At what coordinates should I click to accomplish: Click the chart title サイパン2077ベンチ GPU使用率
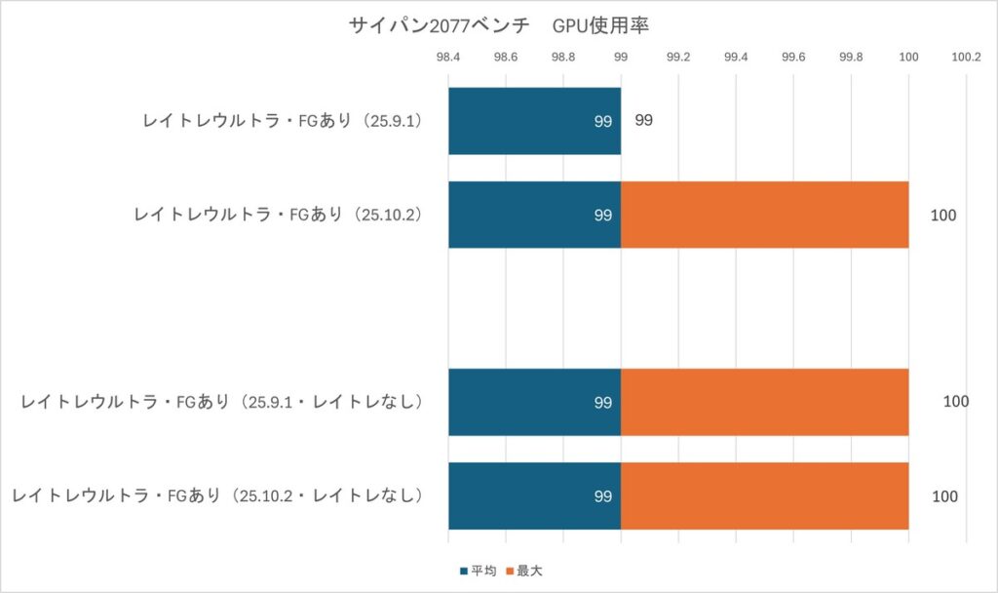click(x=498, y=25)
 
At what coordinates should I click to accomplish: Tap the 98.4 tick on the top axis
click(x=448, y=57)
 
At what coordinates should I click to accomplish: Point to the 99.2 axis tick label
click(x=678, y=57)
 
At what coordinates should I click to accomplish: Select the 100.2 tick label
click(x=965, y=57)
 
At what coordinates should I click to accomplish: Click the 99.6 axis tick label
click(x=793, y=57)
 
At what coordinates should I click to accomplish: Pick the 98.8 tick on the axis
click(x=563, y=57)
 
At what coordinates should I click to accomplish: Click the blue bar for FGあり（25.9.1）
click(x=534, y=121)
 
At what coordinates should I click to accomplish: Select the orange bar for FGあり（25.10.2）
click(x=764, y=215)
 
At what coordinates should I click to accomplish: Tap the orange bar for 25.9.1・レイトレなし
click(x=764, y=402)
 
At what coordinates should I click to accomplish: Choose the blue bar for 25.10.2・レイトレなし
click(x=534, y=496)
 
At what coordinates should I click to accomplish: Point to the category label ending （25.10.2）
click(x=277, y=215)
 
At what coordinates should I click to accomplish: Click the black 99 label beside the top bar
click(x=643, y=121)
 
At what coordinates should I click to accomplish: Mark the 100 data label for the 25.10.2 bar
click(x=943, y=215)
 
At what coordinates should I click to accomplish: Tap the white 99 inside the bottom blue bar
click(x=602, y=496)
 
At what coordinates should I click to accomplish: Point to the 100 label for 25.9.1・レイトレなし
click(x=955, y=402)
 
